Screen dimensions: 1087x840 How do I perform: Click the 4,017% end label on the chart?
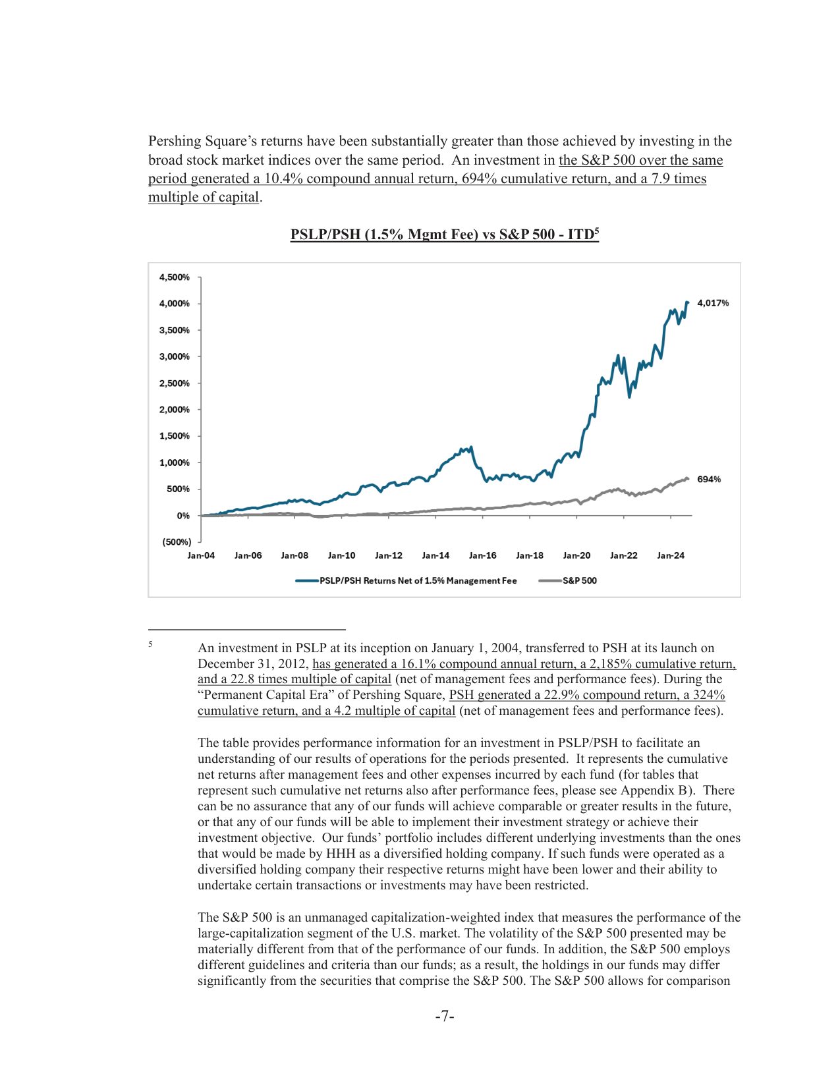[713, 303]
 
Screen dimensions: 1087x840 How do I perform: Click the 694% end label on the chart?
[709, 480]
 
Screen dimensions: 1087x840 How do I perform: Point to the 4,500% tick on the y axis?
[174, 277]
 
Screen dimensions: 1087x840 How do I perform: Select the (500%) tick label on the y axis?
[176, 542]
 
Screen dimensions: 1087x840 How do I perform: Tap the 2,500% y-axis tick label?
[174, 383]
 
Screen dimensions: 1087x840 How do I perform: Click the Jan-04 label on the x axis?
[201, 555]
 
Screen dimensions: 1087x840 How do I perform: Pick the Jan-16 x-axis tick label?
[482, 555]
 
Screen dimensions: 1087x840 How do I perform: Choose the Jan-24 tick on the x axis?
[670, 555]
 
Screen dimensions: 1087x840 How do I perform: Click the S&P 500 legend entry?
[579, 580]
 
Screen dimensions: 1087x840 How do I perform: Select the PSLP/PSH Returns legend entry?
[418, 580]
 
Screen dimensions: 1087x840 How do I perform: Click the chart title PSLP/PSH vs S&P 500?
[444, 235]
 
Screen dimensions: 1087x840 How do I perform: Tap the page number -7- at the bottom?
[445, 1017]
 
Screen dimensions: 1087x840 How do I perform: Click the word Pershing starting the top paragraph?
[174, 141]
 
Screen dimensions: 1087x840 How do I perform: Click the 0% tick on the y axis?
[182, 516]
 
